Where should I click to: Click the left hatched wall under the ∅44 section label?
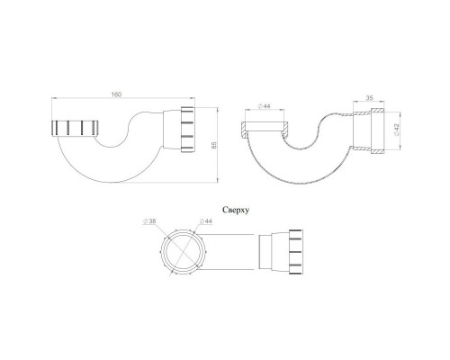click(247, 125)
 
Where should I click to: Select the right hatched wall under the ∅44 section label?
click(285, 126)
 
